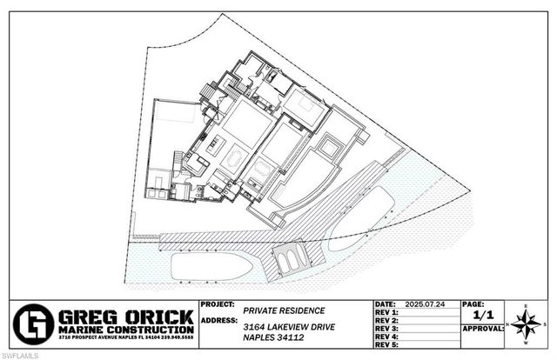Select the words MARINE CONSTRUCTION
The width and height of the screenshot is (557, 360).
[x=124, y=330]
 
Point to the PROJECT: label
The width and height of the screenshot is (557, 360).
[x=218, y=305]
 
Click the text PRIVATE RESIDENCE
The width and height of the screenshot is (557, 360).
[x=285, y=310]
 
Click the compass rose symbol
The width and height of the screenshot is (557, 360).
[x=527, y=323]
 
